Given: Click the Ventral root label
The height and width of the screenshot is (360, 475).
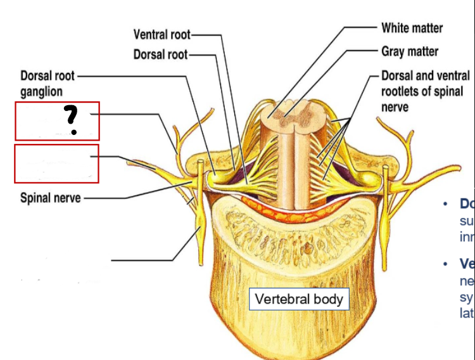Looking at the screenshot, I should coord(161,34).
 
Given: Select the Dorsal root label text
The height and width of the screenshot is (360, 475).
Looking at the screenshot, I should coord(160,55).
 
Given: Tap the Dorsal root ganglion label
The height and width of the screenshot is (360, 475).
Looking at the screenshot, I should coord(47,83).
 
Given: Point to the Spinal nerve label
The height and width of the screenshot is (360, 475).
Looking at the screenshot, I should coord(51,198).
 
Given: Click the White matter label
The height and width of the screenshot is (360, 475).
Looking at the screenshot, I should coord(412,28).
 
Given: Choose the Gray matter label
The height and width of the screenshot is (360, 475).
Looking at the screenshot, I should coord(410,51).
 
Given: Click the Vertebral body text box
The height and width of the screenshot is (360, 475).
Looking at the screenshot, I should coord(298,299).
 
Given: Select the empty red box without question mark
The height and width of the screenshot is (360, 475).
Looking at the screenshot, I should coord(57,164).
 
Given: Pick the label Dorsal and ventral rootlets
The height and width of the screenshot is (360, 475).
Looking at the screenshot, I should coord(425,91).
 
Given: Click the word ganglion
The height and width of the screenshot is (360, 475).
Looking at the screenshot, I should coord(41,91).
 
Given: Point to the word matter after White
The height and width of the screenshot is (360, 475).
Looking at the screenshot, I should coord(427,28).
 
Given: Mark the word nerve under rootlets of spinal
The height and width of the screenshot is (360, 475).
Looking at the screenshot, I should coord(395,106).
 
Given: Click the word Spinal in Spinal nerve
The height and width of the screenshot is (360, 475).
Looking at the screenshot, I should coord(36,198).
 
